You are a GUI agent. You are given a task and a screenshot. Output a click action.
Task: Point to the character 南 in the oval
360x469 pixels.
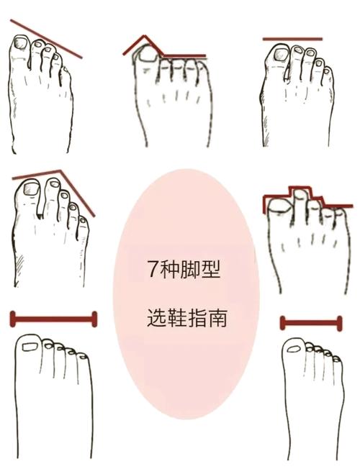pyautogui.click(x=217, y=318)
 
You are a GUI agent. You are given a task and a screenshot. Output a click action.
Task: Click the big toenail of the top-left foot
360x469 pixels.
pyautogui.click(x=21, y=42)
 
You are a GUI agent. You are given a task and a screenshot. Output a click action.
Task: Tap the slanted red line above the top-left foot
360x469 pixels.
pyautogui.click(x=46, y=39)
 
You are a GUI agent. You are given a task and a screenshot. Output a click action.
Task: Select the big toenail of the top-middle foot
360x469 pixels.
pyautogui.click(x=147, y=55)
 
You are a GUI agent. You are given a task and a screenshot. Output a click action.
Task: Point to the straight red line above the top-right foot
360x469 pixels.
pyautogui.click(x=292, y=39)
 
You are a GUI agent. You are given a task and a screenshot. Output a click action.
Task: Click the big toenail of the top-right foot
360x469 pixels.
pyautogui.click(x=282, y=55)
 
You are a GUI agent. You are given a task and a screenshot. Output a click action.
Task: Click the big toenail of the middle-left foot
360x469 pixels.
pyautogui.click(x=31, y=188)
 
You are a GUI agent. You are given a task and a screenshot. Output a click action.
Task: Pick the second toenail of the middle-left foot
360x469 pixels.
pyautogui.click(x=54, y=183)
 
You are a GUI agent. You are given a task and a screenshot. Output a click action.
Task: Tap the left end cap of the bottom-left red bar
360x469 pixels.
pyautogui.click(x=12, y=319)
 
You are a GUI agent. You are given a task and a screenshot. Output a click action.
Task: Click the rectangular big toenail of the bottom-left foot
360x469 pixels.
pyautogui.click(x=30, y=347)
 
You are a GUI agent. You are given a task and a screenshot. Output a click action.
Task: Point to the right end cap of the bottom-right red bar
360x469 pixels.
pyautogui.click(x=339, y=323)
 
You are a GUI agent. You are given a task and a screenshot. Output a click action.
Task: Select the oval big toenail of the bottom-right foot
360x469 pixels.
pyautogui.click(x=294, y=349)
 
